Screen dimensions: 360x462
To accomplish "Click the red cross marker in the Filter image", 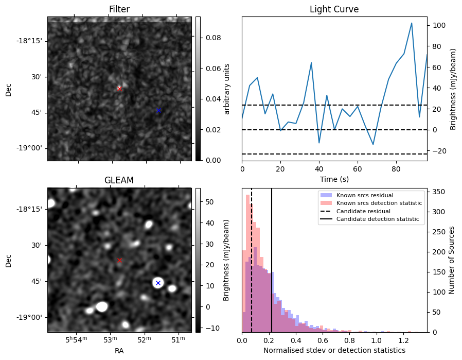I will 119,89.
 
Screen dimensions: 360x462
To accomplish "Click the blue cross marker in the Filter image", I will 158,110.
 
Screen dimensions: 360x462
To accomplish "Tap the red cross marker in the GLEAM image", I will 119,260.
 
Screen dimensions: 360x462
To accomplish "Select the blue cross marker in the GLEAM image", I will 158,283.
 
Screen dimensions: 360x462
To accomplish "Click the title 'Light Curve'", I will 334,9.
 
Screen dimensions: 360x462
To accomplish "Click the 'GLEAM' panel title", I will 119,180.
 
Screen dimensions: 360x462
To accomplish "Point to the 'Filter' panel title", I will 119,9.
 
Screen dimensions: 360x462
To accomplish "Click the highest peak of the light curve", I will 412,23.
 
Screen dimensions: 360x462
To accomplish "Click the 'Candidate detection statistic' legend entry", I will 377,219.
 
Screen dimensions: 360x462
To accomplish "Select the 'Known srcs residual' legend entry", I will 364,195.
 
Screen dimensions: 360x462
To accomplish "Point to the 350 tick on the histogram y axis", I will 439,191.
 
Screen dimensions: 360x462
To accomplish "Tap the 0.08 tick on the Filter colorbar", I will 209,38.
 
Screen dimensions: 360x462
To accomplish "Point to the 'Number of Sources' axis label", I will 452,260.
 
